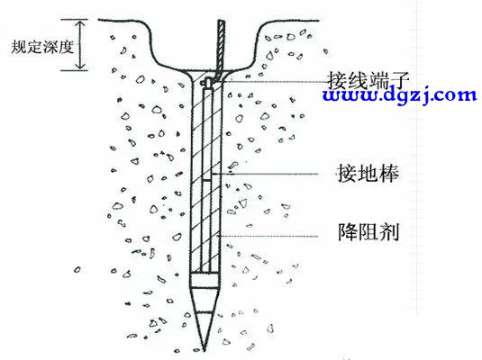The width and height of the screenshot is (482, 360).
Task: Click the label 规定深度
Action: [42, 48]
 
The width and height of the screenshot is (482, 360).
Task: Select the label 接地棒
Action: [368, 174]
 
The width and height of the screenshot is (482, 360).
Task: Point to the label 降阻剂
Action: [368, 232]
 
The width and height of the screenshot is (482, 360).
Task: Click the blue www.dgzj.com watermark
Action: [400, 95]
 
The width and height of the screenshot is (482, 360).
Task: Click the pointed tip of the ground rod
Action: [204, 350]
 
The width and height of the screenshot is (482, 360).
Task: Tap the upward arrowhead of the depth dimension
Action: [81, 24]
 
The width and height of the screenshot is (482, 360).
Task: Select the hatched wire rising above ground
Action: [221, 49]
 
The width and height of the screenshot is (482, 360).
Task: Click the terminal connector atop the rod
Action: [207, 82]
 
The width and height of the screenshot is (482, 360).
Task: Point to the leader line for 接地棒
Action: [265, 175]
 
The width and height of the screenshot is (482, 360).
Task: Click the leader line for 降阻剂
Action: [268, 237]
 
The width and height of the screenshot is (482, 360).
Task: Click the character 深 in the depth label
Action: [50, 48]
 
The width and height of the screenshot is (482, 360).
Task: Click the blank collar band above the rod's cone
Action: [205, 280]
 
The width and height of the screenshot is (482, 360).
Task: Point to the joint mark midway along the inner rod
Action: [207, 180]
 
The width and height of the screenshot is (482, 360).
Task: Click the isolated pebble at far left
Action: [77, 270]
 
